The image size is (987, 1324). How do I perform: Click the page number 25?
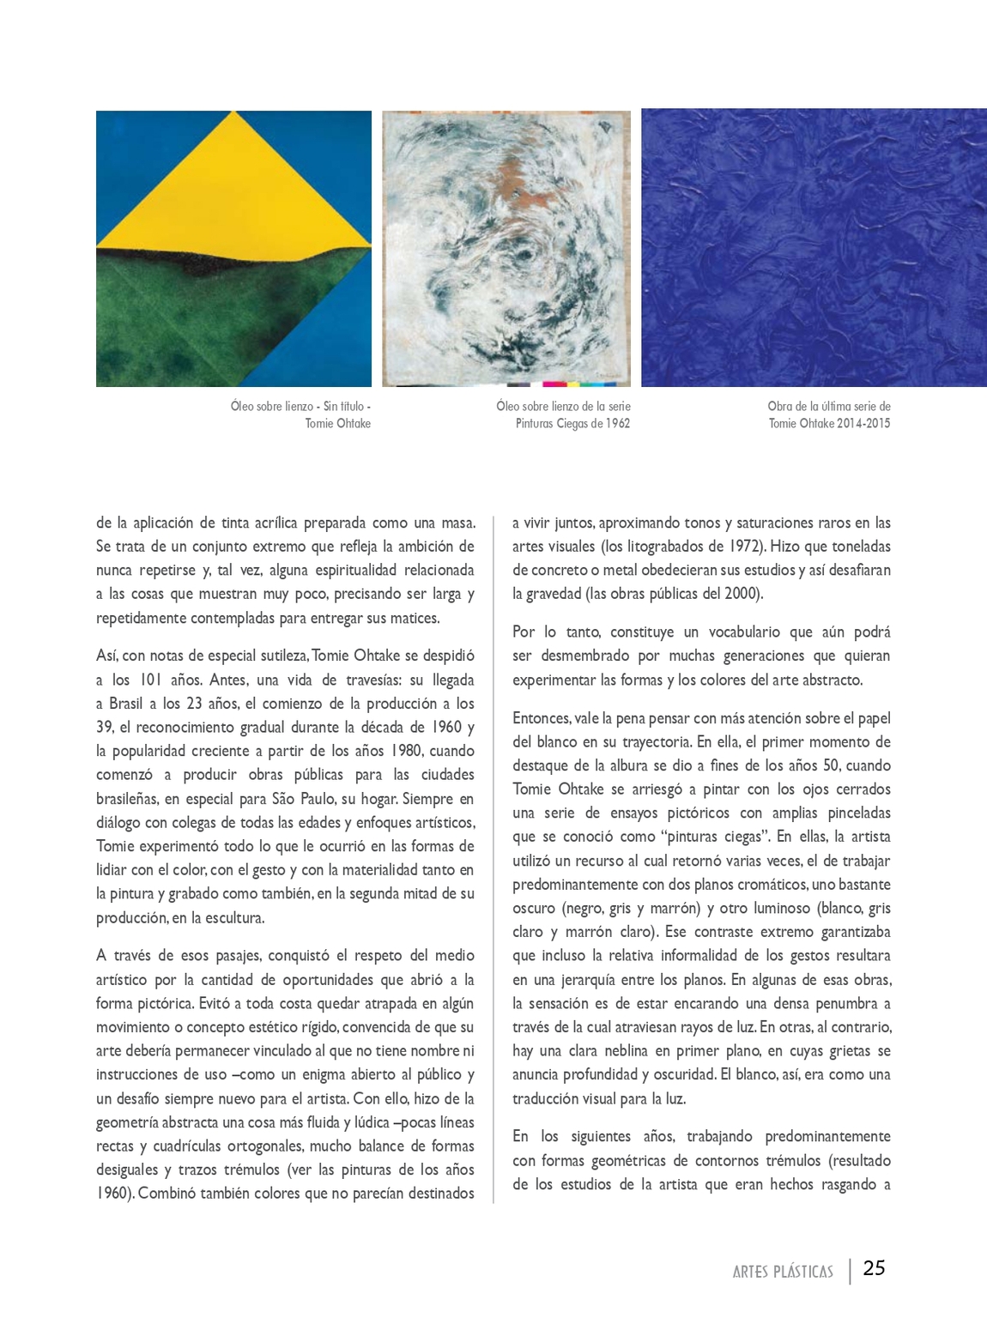(x=874, y=1268)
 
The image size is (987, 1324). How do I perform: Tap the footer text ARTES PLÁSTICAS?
(x=783, y=1272)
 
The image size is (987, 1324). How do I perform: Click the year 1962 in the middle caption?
(x=614, y=423)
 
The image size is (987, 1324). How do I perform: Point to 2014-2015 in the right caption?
(x=863, y=423)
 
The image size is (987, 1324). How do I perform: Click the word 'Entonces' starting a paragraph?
(x=541, y=718)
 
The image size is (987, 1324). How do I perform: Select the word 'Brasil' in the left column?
(x=126, y=704)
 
